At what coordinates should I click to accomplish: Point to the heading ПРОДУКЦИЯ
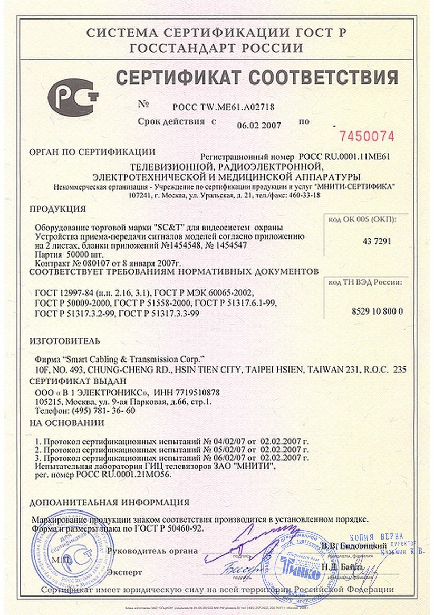point(57,208)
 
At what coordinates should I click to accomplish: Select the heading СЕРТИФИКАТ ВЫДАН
point(78,381)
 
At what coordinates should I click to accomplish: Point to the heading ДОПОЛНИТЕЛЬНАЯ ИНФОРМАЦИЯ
point(109,502)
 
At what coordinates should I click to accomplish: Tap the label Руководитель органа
point(152,551)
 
